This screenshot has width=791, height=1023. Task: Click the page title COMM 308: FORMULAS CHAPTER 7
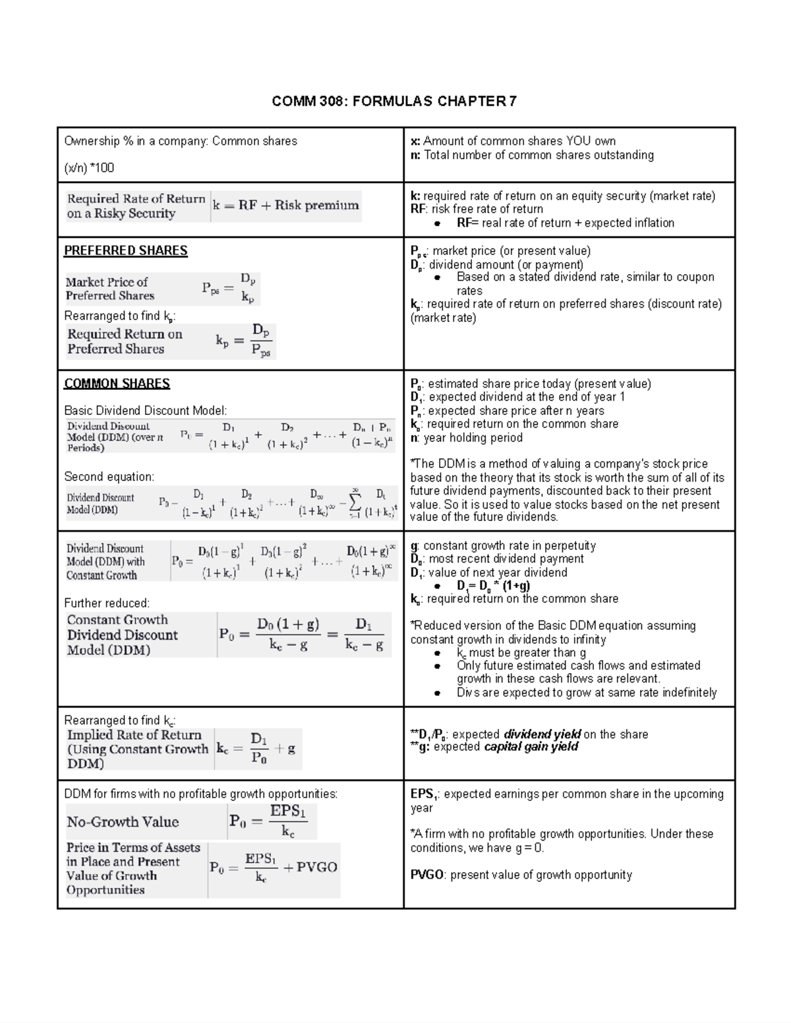point(395,101)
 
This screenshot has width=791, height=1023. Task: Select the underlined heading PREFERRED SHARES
point(125,250)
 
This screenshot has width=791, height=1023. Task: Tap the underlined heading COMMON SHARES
point(117,383)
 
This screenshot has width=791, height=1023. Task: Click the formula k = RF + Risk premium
point(285,206)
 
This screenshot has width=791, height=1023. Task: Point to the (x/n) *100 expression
point(89,168)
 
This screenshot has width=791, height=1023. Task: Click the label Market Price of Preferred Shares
point(109,289)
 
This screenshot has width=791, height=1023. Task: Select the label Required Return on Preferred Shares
point(125,341)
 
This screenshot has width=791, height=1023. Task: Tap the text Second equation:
point(109,476)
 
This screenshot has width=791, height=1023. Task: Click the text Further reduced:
point(107,603)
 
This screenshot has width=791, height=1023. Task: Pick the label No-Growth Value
point(123,821)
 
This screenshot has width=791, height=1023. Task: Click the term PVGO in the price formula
point(316,868)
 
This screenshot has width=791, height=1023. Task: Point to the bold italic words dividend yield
point(542,734)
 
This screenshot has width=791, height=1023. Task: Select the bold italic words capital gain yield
point(531,747)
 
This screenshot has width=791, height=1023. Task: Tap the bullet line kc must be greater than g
point(521,652)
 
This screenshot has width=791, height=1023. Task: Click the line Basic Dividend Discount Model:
point(145,410)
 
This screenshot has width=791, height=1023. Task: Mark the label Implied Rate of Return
point(134,735)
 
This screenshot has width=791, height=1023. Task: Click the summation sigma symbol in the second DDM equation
point(355,504)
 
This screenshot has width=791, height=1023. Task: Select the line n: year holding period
point(466,437)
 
